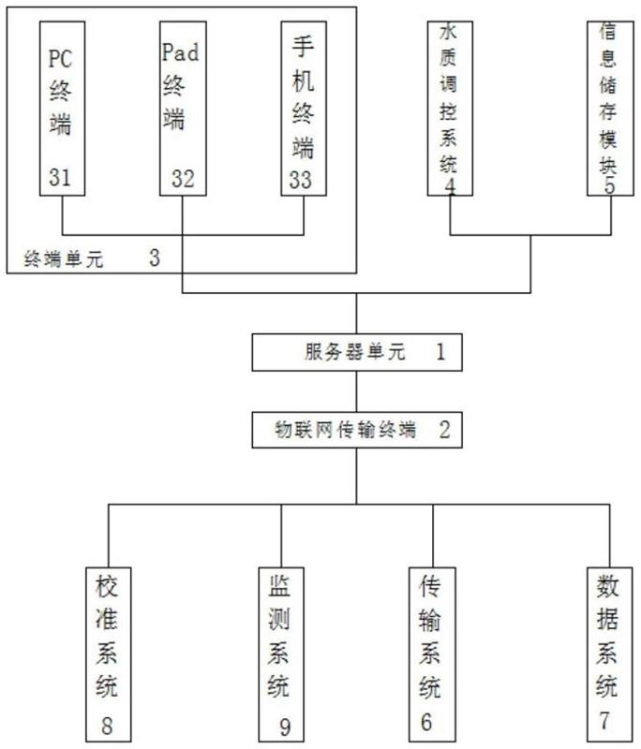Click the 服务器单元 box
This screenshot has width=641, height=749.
(356, 352)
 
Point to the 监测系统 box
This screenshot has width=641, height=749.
(281, 652)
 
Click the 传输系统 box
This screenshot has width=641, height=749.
(432, 652)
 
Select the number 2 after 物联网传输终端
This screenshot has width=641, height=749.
(444, 431)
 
